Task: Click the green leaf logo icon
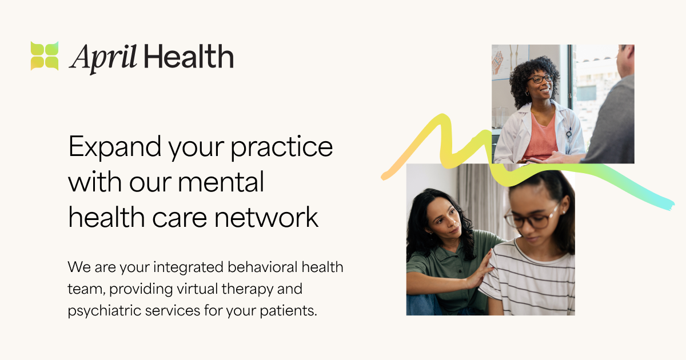tap(45, 56)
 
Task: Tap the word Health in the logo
tap(189, 57)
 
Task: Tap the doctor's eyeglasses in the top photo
tap(540, 79)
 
